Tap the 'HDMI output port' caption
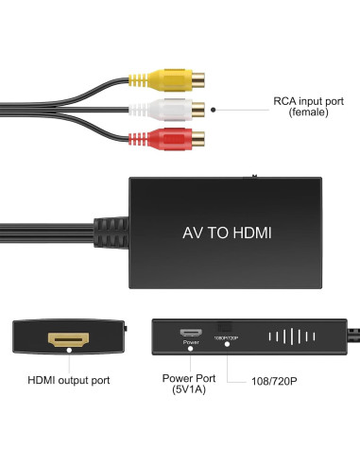(x=68, y=380)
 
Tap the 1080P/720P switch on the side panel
(x=225, y=327)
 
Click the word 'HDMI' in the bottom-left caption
(x=43, y=380)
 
